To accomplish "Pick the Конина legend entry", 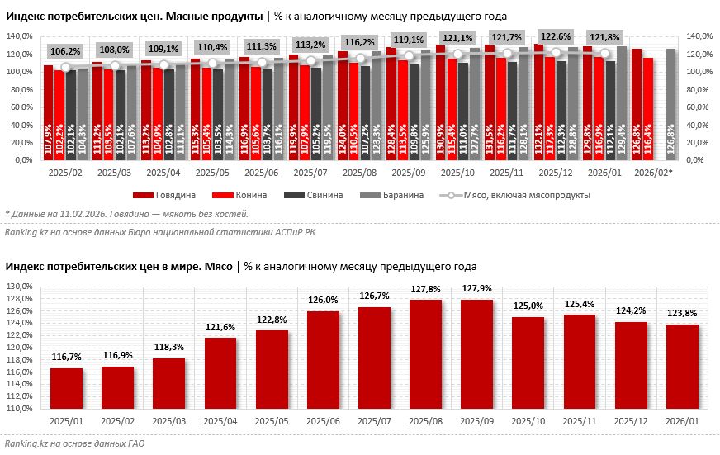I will coord(236,196).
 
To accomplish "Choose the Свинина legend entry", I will coord(302,196).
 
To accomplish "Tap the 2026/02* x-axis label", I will coord(656,173).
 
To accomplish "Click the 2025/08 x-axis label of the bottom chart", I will coord(424,421).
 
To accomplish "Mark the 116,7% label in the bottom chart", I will coord(65,358).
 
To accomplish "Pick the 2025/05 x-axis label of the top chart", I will coord(211,173).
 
